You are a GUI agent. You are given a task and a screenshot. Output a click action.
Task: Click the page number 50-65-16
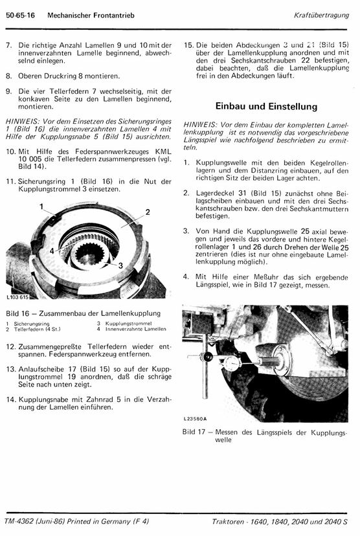click(x=20, y=16)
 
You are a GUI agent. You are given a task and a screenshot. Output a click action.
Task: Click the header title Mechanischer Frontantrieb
click(x=91, y=16)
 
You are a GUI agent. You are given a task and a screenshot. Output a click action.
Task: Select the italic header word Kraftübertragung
click(x=321, y=16)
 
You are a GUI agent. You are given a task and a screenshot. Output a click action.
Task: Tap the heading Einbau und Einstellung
click(x=266, y=106)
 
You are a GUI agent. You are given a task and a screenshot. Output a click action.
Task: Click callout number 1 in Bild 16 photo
click(x=41, y=207)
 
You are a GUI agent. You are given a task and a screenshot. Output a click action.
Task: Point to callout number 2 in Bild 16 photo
click(x=148, y=212)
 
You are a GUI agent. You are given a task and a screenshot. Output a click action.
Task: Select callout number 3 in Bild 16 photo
click(x=120, y=265)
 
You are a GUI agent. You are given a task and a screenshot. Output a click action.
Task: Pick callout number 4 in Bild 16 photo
click(x=52, y=251)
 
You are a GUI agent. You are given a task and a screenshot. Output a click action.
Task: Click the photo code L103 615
click(x=17, y=297)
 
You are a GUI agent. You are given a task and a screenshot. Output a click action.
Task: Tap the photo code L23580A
click(x=195, y=419)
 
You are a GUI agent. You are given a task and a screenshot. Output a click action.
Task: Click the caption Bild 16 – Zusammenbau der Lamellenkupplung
click(x=83, y=313)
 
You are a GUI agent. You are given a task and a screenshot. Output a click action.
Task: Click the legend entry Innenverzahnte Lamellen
click(x=136, y=329)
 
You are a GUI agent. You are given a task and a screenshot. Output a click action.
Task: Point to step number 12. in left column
click(x=10, y=346)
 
